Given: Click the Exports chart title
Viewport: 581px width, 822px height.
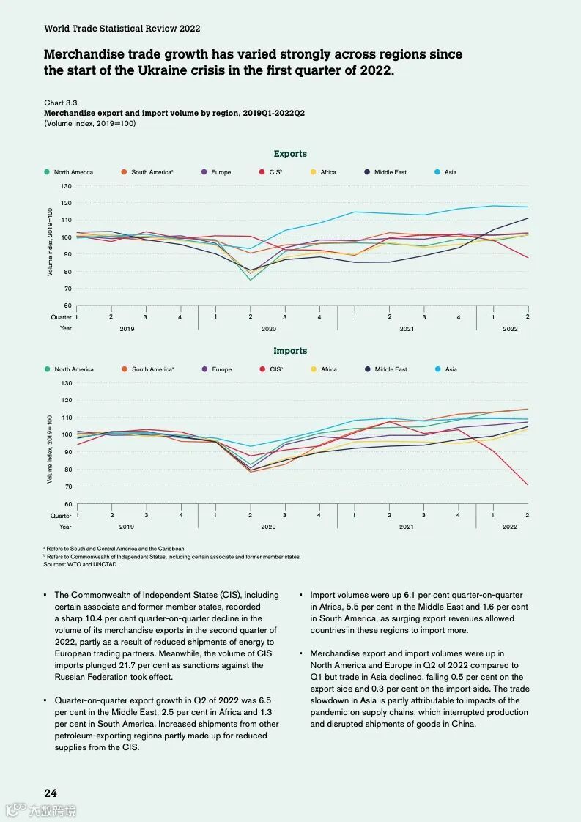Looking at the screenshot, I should click(290, 154).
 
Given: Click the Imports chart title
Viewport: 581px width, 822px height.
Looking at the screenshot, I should click(290, 351).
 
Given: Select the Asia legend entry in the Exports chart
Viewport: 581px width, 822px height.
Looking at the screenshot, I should click(450, 172).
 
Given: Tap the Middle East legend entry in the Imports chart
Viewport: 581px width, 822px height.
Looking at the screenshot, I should click(390, 369).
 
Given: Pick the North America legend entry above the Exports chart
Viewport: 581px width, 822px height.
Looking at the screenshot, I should click(73, 172).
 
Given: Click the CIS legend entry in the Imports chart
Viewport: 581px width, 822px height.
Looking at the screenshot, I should click(275, 369).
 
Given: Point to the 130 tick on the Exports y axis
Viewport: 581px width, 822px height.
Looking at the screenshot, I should click(67, 186).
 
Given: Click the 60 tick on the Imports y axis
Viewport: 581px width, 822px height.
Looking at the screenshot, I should click(67, 503).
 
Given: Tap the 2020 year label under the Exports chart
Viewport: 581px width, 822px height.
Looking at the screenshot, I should click(268, 329).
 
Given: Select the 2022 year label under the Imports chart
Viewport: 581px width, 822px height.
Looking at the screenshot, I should click(510, 527).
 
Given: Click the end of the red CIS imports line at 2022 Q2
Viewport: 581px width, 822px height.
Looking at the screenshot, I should click(528, 484).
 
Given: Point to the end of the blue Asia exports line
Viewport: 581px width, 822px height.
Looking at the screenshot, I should click(528, 207).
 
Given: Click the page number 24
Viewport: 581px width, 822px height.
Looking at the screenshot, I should click(51, 793).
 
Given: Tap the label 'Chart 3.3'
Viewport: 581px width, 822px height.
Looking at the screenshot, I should click(61, 103).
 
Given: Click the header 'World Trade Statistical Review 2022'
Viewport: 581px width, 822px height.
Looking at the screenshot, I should click(122, 28).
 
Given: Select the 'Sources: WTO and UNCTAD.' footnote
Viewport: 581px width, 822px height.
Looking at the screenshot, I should click(81, 564).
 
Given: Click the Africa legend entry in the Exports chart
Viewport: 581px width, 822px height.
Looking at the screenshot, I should click(327, 172).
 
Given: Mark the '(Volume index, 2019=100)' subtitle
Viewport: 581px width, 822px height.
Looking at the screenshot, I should click(89, 123).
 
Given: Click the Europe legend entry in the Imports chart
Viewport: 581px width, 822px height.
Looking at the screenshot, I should click(221, 369).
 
